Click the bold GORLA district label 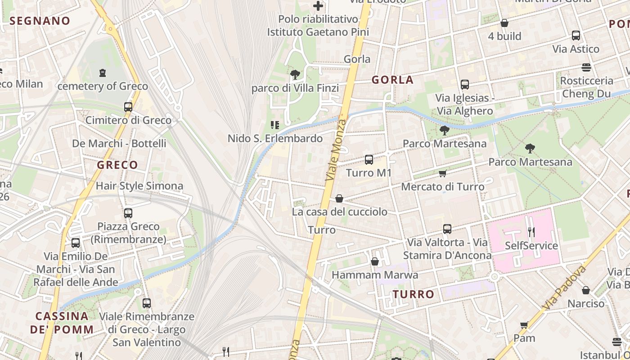392,80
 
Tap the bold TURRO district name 413,294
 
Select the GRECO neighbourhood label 117,165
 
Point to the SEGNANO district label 40,21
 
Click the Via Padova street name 565,288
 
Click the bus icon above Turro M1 369,159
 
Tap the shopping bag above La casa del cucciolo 339,198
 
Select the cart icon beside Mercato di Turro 443,173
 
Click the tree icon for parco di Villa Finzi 295,74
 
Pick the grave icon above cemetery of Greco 103,72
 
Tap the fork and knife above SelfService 531,232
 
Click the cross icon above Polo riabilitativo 318,6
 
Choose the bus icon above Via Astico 576,36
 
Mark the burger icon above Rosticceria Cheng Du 586,67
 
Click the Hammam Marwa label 375,274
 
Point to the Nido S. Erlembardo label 275,138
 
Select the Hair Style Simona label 139,185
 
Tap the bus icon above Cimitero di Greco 128,107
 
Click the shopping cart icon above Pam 524,325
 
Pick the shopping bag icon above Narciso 586,290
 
